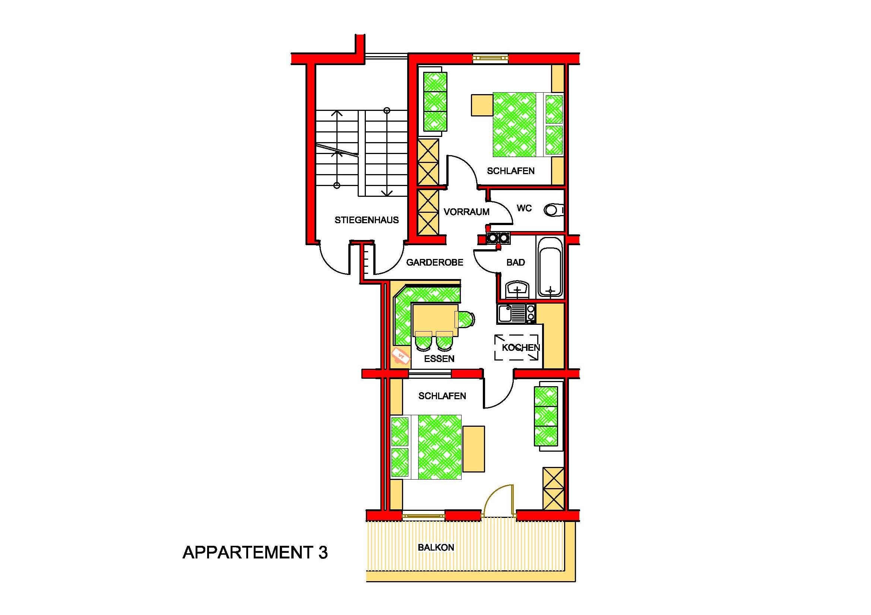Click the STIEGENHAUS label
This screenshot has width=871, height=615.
367,220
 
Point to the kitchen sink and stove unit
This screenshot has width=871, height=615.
516,314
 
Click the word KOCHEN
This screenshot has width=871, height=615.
520,347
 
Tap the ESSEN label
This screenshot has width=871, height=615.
439,358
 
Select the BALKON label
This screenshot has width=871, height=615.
436,547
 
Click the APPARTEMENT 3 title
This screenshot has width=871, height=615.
255,552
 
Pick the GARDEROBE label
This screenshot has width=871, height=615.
435,262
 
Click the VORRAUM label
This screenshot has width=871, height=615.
466,212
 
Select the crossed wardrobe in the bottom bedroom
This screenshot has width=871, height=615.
554,489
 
